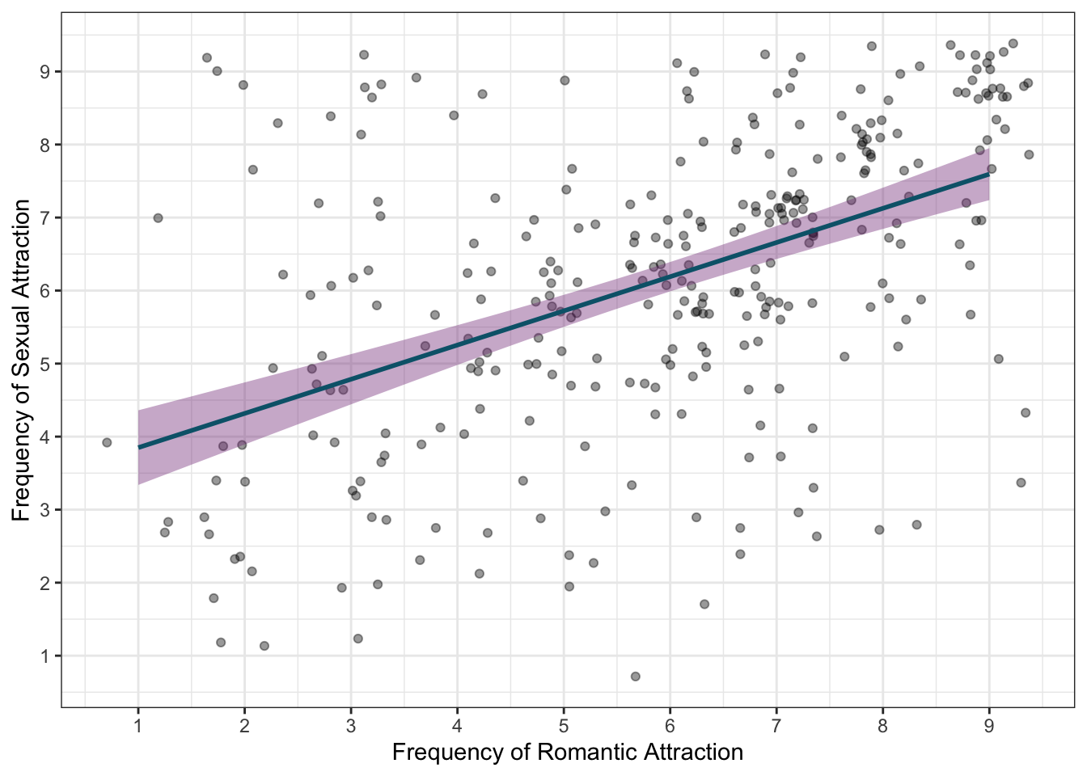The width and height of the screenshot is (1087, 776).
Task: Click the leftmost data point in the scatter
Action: pyautogui.click(x=107, y=442)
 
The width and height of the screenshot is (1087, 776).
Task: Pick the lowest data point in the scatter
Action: pyautogui.click(x=636, y=676)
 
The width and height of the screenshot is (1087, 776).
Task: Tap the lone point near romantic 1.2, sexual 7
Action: pyautogui.click(x=158, y=217)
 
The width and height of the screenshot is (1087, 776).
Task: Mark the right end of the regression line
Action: pyautogui.click(x=988, y=174)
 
